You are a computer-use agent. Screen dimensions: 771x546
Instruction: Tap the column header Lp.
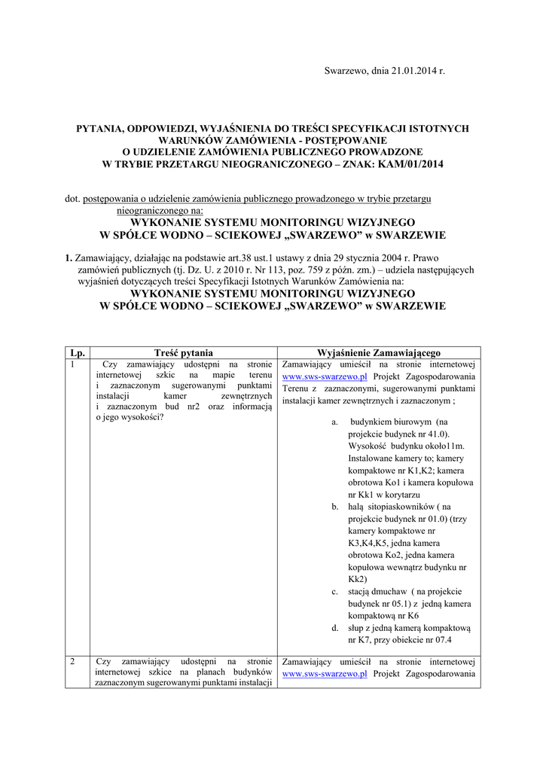click(76, 352)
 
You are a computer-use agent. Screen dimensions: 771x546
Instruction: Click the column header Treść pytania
click(183, 352)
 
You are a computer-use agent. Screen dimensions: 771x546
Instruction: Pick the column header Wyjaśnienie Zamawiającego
click(379, 352)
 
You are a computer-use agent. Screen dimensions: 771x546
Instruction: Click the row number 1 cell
click(72, 364)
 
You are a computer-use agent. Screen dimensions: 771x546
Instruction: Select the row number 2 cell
click(72, 661)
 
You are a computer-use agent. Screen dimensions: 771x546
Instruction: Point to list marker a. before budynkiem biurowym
click(335, 422)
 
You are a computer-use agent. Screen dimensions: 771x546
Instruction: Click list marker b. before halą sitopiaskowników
click(335, 507)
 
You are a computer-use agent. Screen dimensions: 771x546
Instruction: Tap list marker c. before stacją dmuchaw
click(335, 591)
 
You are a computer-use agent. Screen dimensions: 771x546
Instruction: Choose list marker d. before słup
click(335, 627)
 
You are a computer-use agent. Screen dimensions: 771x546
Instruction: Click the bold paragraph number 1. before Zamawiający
click(69, 256)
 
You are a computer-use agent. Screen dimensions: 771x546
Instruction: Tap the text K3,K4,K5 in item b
click(371, 543)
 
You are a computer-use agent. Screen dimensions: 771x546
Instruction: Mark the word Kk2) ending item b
click(358, 579)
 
